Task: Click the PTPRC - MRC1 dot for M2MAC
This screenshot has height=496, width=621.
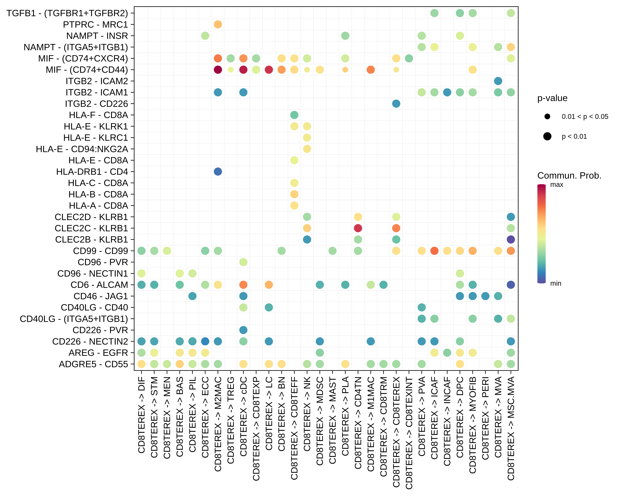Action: point(218,24)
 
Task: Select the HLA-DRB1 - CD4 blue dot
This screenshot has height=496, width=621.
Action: point(218,172)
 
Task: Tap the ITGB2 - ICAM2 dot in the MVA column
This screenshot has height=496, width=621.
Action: point(498,81)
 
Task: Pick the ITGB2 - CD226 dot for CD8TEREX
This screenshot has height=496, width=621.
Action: point(396,104)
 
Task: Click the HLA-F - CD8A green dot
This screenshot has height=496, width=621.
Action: point(294,115)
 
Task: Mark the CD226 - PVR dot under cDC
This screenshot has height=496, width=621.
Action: point(243,330)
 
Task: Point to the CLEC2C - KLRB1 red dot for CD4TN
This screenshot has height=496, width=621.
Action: point(358,228)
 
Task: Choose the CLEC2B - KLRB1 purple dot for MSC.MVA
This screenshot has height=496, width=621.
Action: point(511,240)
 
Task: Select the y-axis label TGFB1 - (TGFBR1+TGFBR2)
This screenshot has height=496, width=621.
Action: point(67,13)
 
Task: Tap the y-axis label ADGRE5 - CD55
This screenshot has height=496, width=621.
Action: point(93,364)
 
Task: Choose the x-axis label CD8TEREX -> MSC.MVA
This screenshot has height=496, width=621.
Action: point(511,428)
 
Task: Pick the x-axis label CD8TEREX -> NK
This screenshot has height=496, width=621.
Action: point(307,414)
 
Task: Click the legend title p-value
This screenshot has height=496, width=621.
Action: point(552,98)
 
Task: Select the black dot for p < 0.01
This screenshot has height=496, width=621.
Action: point(547,136)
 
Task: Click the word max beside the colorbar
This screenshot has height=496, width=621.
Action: point(556,185)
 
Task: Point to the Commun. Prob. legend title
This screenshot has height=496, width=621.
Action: point(569,176)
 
